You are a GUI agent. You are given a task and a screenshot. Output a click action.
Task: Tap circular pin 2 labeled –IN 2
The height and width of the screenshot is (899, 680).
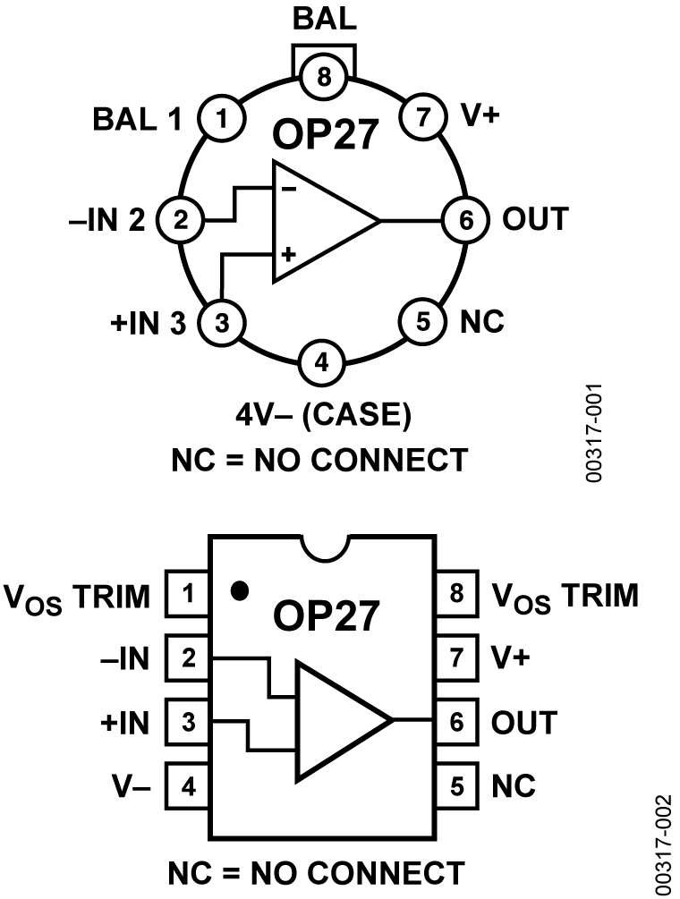[x=180, y=219]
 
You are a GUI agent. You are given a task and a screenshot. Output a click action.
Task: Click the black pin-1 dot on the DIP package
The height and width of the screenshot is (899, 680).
[x=239, y=591]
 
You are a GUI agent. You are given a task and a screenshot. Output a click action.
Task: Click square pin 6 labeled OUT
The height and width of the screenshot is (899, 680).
[x=458, y=722]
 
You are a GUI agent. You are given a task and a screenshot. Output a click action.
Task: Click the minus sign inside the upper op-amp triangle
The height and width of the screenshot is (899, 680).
[x=289, y=189]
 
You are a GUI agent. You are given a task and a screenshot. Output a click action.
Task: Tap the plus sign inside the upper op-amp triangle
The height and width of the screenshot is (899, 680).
[x=288, y=255]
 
